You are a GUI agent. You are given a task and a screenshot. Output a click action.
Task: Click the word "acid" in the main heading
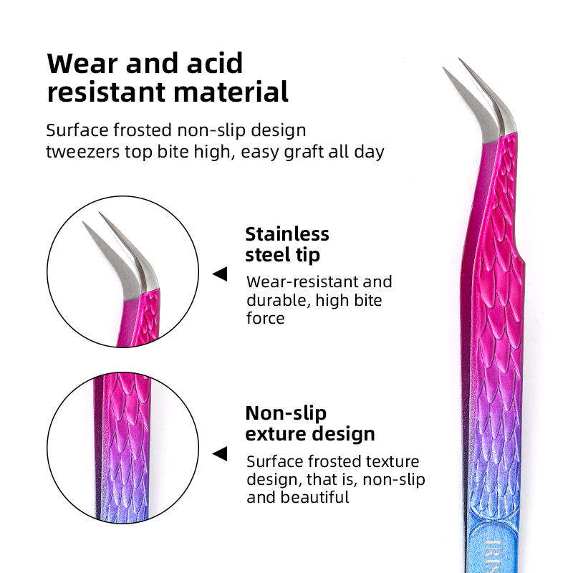pos(214,63)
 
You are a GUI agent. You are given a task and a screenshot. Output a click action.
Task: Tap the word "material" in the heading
pos(231,92)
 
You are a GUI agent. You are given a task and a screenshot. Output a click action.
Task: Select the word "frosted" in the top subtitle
pos(143,130)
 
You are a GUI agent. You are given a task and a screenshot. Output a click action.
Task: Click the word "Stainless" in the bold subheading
pos(287,234)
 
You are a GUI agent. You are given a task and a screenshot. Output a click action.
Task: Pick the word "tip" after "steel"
pos(308,255)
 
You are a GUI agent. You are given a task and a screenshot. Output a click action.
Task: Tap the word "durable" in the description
pos(278,300)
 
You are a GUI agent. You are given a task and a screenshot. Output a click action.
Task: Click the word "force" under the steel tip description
pos(265,318)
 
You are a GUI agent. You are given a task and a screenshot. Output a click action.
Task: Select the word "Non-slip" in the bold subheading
pos(286,413)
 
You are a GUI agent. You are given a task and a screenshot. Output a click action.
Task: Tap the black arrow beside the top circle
pos(220,274)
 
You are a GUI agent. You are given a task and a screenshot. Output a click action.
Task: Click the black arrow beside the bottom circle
pos(220,453)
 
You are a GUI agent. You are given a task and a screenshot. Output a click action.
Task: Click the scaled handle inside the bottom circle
pos(122,448)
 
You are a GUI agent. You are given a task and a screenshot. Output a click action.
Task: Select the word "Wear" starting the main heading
pos(83,63)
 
